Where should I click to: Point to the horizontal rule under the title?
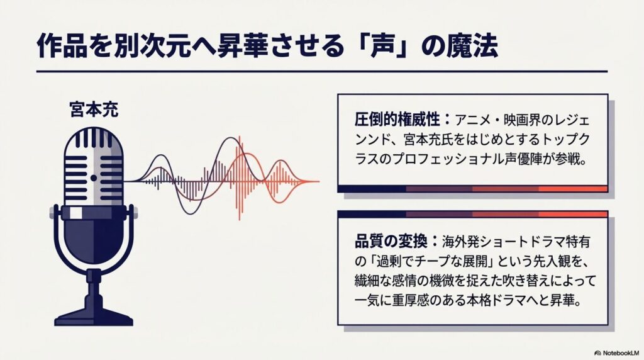321,71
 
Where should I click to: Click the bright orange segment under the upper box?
572,189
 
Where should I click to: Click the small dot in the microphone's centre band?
94,178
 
